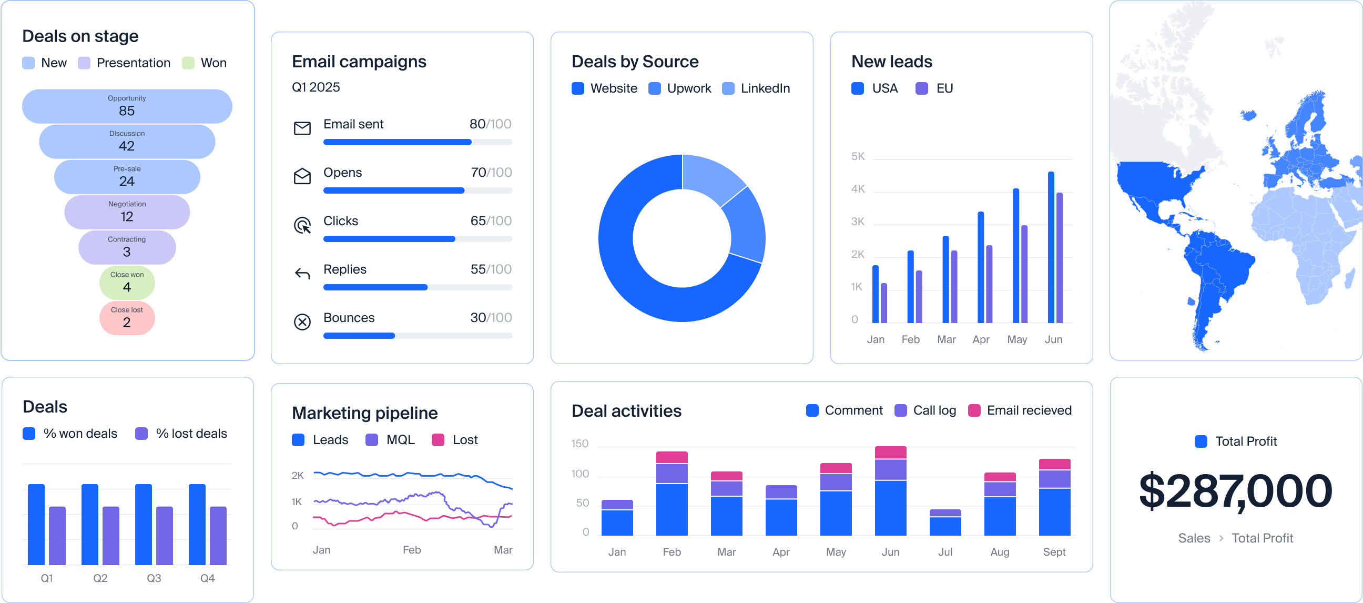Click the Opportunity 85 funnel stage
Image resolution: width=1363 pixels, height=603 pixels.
pyautogui.click(x=127, y=106)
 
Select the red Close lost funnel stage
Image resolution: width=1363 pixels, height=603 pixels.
pyautogui.click(x=127, y=318)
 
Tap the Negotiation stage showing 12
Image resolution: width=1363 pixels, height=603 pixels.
pyautogui.click(x=127, y=212)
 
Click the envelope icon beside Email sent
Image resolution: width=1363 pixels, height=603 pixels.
pyautogui.click(x=302, y=128)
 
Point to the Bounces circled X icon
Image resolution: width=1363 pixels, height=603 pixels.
pyautogui.click(x=302, y=322)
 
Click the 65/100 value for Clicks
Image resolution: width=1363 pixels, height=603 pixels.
pyautogui.click(x=491, y=221)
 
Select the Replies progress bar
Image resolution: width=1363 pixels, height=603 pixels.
pyautogui.click(x=418, y=287)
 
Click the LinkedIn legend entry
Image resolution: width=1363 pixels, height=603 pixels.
pyautogui.click(x=757, y=88)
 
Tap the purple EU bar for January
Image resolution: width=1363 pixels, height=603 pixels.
pyautogui.click(x=884, y=303)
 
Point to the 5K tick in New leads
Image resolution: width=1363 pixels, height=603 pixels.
pyautogui.click(x=858, y=157)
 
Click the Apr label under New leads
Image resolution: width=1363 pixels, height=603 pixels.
pyautogui.click(x=981, y=339)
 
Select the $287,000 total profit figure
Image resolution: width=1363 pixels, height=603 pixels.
pyautogui.click(x=1236, y=491)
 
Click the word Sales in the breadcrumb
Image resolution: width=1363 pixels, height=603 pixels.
pyautogui.click(x=1194, y=538)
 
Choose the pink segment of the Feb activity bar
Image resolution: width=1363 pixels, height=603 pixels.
pyautogui.click(x=672, y=457)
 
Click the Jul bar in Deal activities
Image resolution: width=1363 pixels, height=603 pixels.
pyautogui.click(x=945, y=522)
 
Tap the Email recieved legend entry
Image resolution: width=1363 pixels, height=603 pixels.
pyautogui.click(x=1020, y=410)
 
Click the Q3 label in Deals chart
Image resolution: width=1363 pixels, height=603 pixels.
pyautogui.click(x=154, y=578)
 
